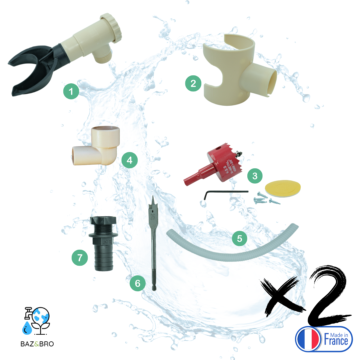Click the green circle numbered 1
tap(71, 91)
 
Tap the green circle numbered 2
tap(193, 83)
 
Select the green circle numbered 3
tap(255, 176)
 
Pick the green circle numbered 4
tap(129, 161)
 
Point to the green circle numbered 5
tap(240, 238)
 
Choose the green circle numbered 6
tap(138, 284)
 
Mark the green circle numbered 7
tap(80, 257)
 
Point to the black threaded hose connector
tap(102, 242)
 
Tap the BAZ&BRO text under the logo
tap(37, 344)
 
